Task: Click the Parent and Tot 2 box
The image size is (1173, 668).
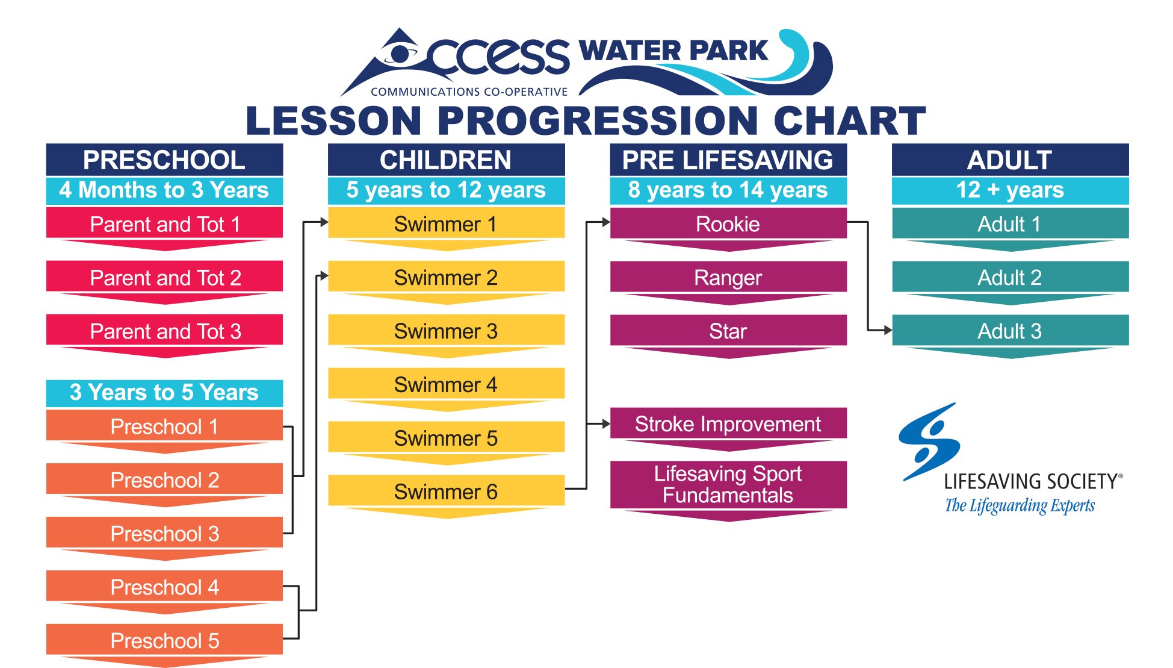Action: tap(164, 276)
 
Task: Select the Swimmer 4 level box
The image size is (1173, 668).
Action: tap(446, 384)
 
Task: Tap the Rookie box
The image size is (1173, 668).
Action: tap(728, 223)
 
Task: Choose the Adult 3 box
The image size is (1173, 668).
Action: tap(1010, 330)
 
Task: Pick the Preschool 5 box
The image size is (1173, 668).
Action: tap(164, 640)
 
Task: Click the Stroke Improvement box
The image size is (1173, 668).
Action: tap(728, 423)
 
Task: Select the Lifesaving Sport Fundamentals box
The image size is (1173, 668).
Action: tap(728, 485)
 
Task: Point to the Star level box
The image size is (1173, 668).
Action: tap(728, 330)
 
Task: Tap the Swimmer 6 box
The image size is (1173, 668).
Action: tap(446, 491)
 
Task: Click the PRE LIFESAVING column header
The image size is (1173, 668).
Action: tap(728, 160)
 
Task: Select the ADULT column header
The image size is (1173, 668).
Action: tap(1010, 160)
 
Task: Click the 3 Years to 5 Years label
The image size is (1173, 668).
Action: tap(164, 393)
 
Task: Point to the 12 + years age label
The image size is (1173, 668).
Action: tap(1010, 190)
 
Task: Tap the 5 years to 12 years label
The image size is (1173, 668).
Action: tap(446, 190)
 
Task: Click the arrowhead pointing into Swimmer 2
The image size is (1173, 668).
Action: tap(324, 276)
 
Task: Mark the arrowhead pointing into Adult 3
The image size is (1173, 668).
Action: tap(888, 330)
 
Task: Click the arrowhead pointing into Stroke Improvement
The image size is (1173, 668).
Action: tap(606, 423)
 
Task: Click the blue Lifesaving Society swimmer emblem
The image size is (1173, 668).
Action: tap(929, 442)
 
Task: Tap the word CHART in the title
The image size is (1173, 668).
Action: tap(849, 120)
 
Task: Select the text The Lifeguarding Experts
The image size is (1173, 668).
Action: tap(1020, 505)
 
